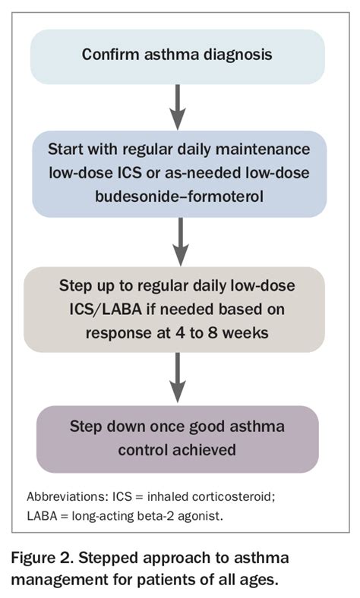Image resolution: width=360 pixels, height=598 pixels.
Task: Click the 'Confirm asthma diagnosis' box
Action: coord(178,55)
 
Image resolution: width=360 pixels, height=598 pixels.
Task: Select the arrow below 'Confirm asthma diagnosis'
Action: coord(178,107)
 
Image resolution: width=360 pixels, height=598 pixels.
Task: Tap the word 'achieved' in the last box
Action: coord(207,448)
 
